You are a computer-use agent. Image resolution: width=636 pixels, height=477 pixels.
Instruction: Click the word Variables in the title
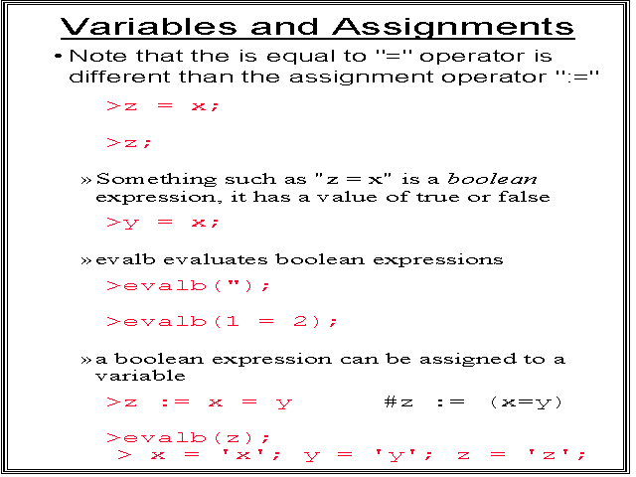pyautogui.click(x=148, y=27)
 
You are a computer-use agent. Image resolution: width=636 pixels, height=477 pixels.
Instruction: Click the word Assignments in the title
pyautogui.click(x=453, y=28)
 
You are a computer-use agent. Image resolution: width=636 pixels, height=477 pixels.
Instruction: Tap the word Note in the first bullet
pyautogui.click(x=97, y=56)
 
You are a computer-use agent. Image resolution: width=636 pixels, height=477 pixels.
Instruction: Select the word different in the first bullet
pyautogui.click(x=119, y=77)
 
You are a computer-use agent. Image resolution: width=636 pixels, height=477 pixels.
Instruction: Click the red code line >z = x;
pyautogui.click(x=163, y=106)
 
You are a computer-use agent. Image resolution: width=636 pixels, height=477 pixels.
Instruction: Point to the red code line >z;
pyautogui.click(x=129, y=143)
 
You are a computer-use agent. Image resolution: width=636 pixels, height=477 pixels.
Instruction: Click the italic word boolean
pyautogui.click(x=492, y=179)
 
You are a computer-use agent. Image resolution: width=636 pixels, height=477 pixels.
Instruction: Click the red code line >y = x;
pyautogui.click(x=163, y=223)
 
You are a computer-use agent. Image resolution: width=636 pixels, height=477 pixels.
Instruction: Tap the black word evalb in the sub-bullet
pyautogui.click(x=125, y=259)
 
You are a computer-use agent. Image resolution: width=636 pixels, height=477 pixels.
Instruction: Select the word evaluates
pyautogui.click(x=216, y=259)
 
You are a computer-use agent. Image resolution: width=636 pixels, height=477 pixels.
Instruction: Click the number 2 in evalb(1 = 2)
pyautogui.click(x=300, y=321)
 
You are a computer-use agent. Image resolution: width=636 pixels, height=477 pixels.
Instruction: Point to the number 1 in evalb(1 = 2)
pyautogui.click(x=232, y=321)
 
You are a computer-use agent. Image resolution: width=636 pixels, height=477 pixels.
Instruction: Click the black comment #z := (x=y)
pyautogui.click(x=473, y=402)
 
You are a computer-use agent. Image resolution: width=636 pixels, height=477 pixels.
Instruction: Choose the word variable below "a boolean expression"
pyautogui.click(x=140, y=376)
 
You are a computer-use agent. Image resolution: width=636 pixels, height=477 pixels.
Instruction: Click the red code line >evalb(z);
pyautogui.click(x=188, y=438)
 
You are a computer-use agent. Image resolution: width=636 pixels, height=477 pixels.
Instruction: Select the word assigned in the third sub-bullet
pyautogui.click(x=468, y=360)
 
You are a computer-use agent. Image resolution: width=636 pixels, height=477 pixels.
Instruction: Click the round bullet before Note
pyautogui.click(x=59, y=56)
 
